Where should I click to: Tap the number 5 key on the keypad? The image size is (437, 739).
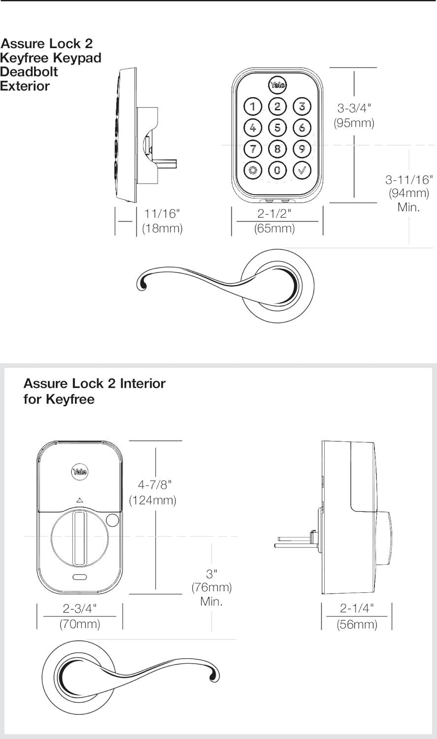coord(277,128)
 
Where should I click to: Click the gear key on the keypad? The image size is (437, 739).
coord(253,171)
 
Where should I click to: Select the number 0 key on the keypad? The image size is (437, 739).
coord(277,171)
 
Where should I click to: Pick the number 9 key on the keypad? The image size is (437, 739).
coord(302,148)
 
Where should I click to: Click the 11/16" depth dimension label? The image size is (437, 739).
coord(162,214)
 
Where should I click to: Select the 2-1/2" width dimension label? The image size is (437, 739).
coord(274,214)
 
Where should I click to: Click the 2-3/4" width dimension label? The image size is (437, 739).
coord(80,608)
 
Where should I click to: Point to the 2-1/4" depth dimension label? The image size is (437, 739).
coord(357,608)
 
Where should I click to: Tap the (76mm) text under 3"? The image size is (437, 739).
coord(211,588)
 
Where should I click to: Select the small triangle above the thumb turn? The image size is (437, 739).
coord(80,501)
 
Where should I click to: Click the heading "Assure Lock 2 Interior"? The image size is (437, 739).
coord(95,383)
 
